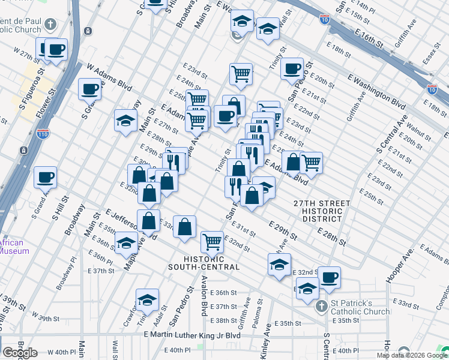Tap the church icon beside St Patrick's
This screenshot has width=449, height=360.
click(321, 306)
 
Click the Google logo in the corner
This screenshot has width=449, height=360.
click(20, 353)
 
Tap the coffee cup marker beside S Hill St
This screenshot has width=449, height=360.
click(46, 178)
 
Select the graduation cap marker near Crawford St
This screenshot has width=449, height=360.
click(147, 300)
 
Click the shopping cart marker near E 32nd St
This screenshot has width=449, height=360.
click(212, 241)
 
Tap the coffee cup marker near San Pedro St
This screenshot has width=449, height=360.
click(292, 68)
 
